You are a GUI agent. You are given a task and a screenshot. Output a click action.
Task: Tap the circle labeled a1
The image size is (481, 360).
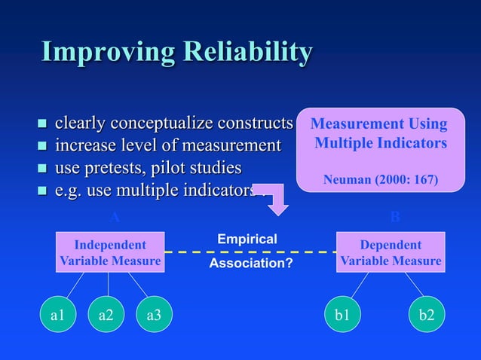(x=57, y=315)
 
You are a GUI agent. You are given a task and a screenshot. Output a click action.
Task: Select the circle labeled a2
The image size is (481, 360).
(x=106, y=315)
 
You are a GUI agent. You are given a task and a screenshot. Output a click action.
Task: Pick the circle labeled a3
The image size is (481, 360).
(x=154, y=315)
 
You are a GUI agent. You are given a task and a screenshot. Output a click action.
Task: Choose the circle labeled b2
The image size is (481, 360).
(x=427, y=315)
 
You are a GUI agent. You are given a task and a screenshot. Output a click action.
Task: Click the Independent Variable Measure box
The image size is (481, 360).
(x=110, y=252)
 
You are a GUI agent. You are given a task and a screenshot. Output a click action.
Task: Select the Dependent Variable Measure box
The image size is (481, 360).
(x=391, y=252)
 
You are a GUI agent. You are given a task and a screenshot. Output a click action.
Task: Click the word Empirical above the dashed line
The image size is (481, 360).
(x=247, y=239)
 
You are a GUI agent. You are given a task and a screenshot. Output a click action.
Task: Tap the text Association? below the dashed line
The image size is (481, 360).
(x=250, y=264)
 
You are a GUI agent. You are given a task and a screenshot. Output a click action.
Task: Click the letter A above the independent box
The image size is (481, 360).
(x=115, y=218)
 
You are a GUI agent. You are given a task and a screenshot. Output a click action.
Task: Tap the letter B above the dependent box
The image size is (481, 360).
(x=395, y=218)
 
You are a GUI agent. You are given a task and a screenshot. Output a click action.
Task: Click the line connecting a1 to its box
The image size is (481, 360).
(x=73, y=285)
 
